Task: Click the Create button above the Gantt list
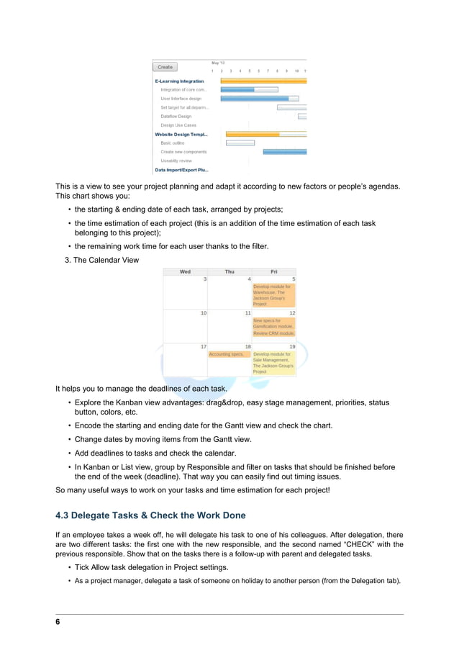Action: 165,67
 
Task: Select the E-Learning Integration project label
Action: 180,81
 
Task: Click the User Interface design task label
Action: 181,99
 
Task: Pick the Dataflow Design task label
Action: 176,116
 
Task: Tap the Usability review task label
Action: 176,161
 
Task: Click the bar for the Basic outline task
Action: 240,143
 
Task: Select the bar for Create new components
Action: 284,152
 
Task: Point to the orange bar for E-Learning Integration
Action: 263,81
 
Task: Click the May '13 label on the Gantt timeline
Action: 218,63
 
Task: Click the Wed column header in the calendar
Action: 185,271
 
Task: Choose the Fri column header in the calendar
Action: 273,271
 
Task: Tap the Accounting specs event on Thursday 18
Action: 228,354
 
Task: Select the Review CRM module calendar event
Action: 273,333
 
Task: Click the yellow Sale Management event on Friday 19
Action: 273,363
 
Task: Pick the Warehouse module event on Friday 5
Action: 273,295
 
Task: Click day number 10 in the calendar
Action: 204,313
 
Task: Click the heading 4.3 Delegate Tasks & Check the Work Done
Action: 150,515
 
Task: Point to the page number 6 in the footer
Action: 58,622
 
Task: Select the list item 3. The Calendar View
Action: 102,260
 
